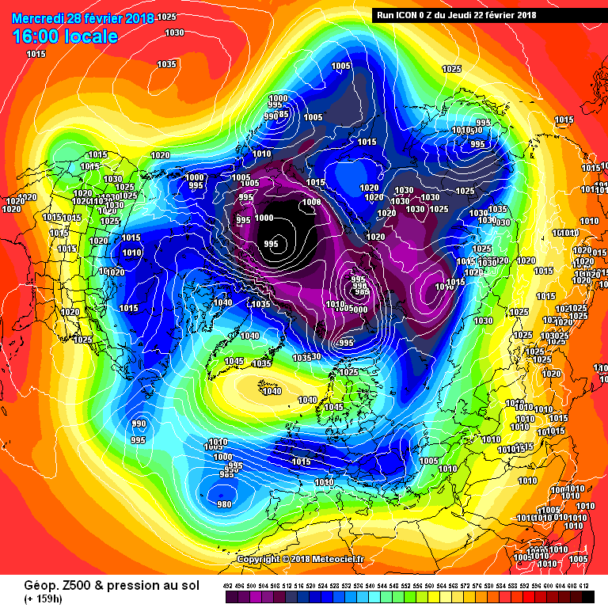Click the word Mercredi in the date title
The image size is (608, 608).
(x=36, y=17)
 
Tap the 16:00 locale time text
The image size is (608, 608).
(x=65, y=36)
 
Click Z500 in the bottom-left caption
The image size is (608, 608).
(x=63, y=584)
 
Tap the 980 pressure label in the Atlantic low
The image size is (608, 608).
(x=224, y=504)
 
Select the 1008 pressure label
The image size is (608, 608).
(x=312, y=203)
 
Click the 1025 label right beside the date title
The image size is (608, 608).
(x=167, y=17)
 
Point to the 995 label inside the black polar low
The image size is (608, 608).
(x=272, y=243)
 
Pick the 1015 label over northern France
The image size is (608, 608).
(x=301, y=462)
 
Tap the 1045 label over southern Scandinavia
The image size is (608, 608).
(x=333, y=407)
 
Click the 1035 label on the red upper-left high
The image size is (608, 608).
(x=166, y=64)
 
